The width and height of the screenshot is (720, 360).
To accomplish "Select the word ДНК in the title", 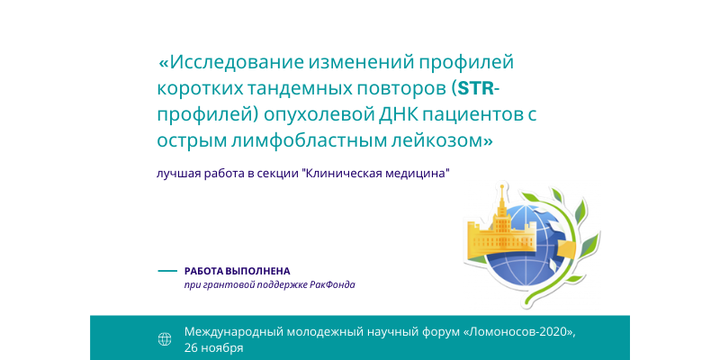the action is click(x=398, y=115).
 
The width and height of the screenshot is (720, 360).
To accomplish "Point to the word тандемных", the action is click(x=285, y=88).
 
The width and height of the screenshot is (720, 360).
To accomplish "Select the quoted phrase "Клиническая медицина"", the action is click(x=374, y=175).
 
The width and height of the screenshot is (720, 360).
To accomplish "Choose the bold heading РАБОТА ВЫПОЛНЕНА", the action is click(x=237, y=271).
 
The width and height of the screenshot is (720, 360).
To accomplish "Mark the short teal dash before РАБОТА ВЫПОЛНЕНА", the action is click(x=167, y=271).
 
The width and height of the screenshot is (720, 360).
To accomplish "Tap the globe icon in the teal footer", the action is click(x=165, y=339).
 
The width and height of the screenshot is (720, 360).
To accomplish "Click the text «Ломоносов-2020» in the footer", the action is click(x=519, y=331).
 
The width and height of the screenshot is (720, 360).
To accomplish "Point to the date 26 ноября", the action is click(x=213, y=347).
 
